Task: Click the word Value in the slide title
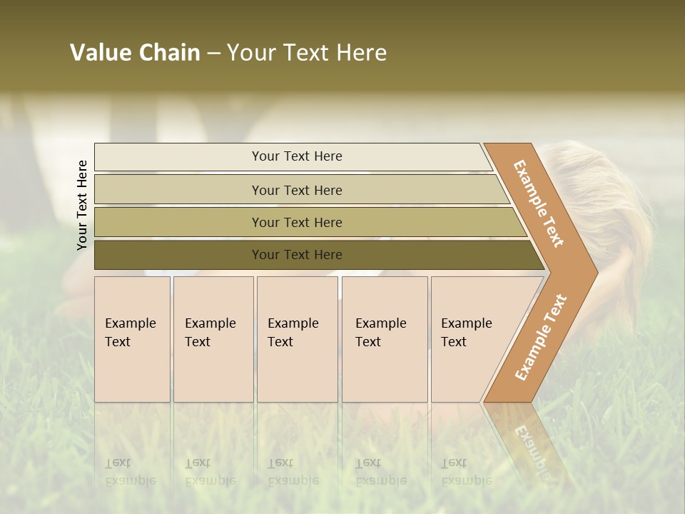(x=99, y=53)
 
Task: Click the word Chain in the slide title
(x=169, y=53)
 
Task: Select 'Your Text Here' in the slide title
(x=307, y=53)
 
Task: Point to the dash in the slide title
(x=213, y=54)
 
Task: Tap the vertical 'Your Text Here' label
(x=82, y=205)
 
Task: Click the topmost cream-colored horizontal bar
(x=293, y=156)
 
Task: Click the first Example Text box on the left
(x=132, y=339)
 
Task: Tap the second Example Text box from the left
(x=213, y=339)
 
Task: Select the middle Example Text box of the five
(x=297, y=339)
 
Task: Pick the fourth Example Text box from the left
(x=385, y=339)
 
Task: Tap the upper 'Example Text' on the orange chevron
(x=539, y=203)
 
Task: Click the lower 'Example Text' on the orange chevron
(x=540, y=337)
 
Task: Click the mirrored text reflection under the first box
(x=131, y=472)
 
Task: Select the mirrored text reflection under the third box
(x=293, y=472)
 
